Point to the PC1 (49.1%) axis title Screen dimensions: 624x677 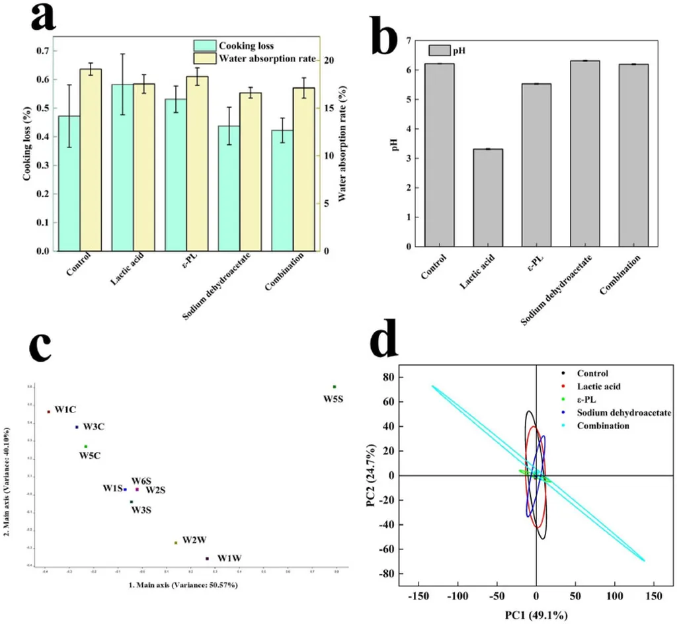click(536, 615)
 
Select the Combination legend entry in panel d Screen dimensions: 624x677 click(603, 426)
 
